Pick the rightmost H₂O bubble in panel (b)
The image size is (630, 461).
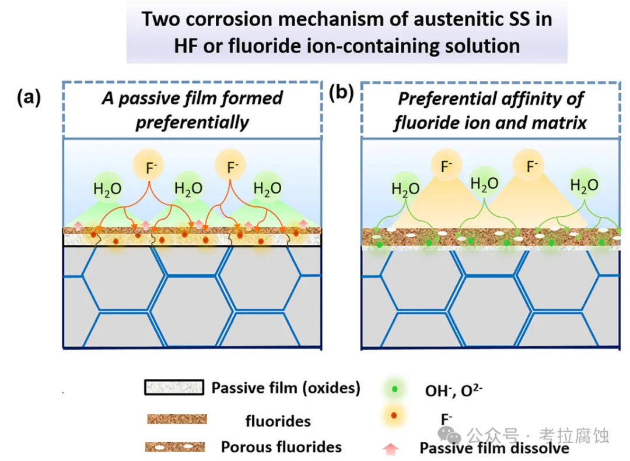point(584,186)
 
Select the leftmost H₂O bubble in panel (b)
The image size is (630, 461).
point(405,188)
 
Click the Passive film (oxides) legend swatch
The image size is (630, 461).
point(174,388)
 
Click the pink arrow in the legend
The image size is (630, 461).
point(391,449)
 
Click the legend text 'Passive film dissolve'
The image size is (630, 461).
point(494,448)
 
